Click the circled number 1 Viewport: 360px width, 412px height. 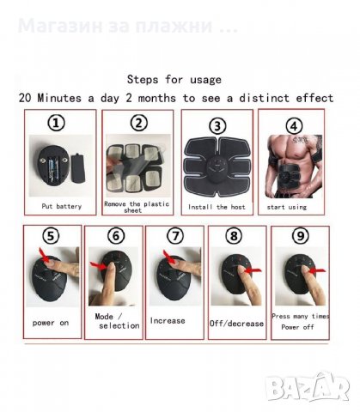(x=57, y=124)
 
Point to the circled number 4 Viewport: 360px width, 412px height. (x=294, y=124)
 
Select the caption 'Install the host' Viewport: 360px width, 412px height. (x=217, y=208)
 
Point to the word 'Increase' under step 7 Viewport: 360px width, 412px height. (x=168, y=320)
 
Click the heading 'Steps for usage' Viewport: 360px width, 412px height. (x=175, y=79)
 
